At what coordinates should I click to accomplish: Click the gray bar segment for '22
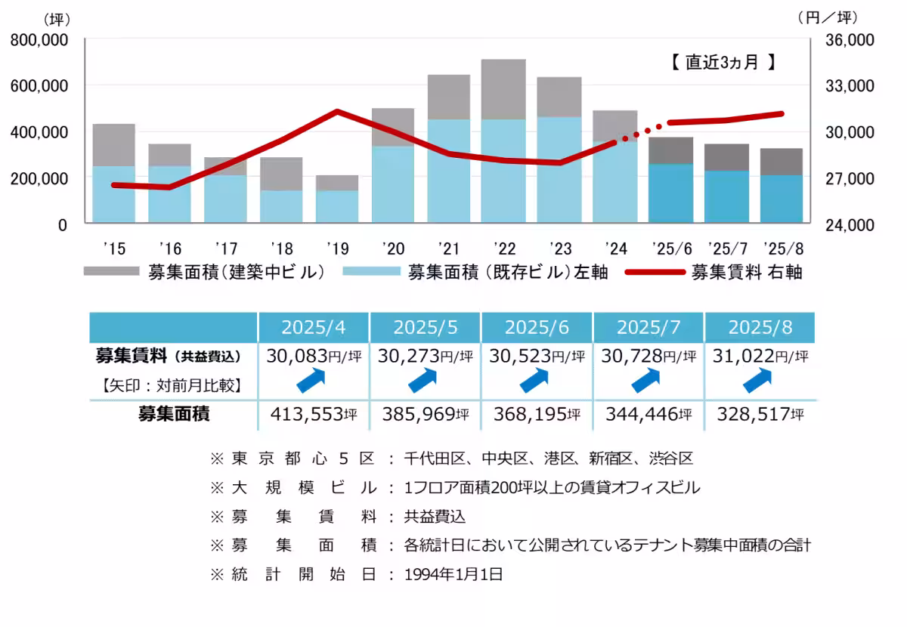tap(503, 89)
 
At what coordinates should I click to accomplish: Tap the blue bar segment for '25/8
tap(782, 199)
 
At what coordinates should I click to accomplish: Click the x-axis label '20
tap(392, 249)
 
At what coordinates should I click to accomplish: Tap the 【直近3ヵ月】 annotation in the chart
tap(723, 63)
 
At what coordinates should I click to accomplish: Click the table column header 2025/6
tap(537, 327)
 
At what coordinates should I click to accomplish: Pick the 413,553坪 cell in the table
tap(313, 414)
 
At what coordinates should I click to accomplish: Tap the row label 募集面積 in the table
tap(174, 414)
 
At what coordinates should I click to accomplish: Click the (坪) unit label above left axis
tap(57, 17)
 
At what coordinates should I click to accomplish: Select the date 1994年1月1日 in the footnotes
tap(453, 574)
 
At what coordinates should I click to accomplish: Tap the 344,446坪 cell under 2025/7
tap(648, 414)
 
